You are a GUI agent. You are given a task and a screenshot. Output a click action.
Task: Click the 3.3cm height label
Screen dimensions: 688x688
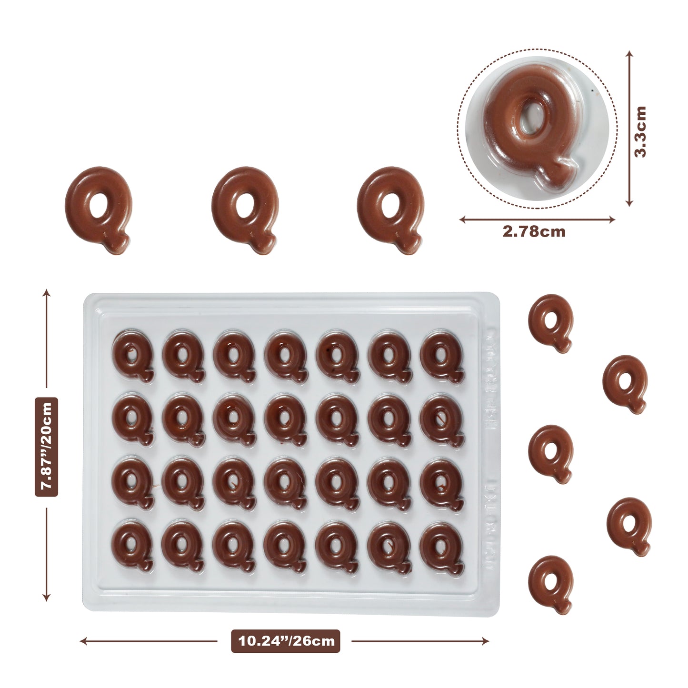(641, 131)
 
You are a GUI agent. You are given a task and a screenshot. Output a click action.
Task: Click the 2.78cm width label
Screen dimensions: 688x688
(534, 232)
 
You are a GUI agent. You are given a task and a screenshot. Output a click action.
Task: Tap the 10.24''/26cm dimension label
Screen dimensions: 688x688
(286, 640)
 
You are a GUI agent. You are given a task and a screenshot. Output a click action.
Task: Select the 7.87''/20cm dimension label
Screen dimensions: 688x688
(47, 447)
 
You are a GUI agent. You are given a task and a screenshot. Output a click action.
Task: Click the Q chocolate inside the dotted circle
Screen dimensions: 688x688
(531, 124)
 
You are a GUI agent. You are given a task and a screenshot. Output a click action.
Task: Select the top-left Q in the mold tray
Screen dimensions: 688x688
(133, 356)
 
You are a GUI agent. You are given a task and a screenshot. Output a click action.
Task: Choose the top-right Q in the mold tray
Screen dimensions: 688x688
(442, 356)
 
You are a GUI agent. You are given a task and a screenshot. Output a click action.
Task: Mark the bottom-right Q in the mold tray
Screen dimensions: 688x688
(442, 547)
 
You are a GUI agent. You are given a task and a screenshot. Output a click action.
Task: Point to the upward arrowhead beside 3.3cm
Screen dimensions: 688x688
(629, 54)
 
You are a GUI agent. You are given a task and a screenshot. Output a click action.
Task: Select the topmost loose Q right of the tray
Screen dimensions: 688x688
(551, 322)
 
